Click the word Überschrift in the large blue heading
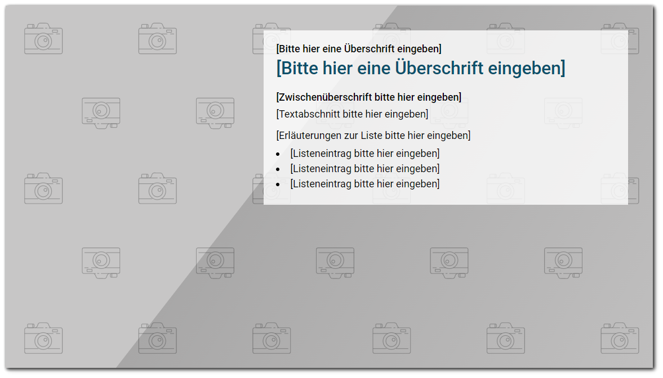(x=439, y=67)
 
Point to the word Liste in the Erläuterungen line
(x=371, y=136)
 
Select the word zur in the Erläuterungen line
(x=350, y=136)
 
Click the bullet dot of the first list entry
(x=278, y=155)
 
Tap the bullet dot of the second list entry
(x=278, y=170)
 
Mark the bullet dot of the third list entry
(x=278, y=185)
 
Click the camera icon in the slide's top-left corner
(x=43, y=38)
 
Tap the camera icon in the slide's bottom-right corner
(x=620, y=338)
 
